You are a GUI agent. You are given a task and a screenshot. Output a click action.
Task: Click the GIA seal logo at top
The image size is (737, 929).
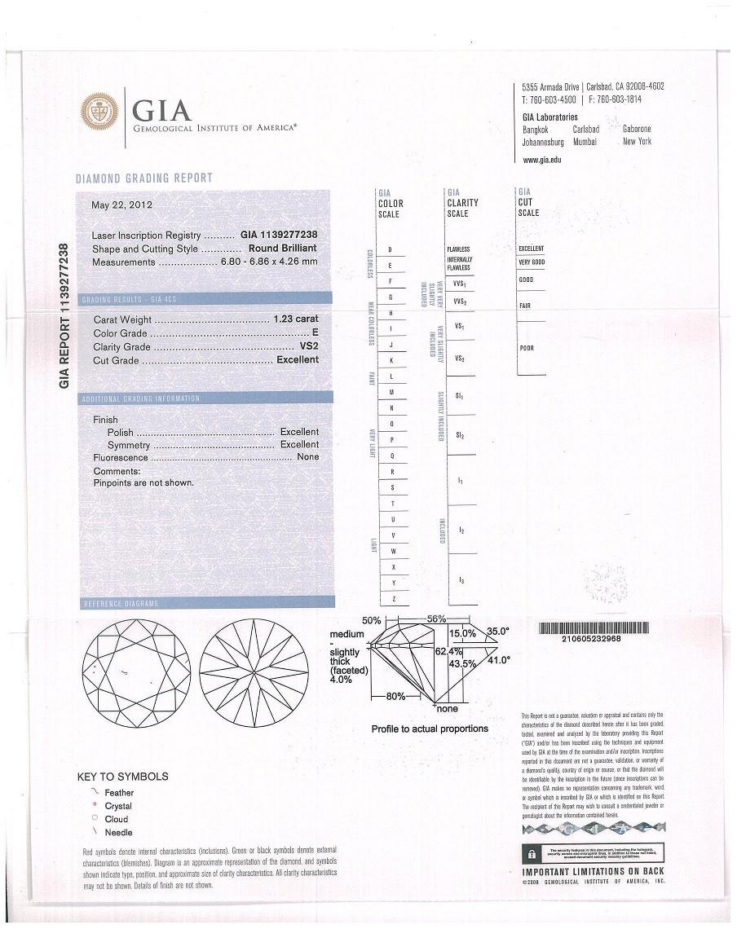[99, 113]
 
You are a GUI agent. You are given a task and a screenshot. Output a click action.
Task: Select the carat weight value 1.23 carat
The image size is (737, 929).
[296, 319]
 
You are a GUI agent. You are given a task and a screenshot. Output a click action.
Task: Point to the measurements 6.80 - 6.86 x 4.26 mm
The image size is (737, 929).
[268, 262]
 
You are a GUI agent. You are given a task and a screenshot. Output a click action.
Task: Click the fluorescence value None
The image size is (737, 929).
[308, 457]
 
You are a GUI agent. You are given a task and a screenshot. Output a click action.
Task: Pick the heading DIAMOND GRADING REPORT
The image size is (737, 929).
[144, 178]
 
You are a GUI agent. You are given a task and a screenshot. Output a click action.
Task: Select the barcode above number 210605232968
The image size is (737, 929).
[594, 627]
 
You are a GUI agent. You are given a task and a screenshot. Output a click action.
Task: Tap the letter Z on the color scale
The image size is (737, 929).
[394, 600]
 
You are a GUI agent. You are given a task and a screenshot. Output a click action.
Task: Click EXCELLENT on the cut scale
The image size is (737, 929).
[531, 249]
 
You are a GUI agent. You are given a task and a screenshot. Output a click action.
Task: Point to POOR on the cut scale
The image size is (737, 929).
[527, 349]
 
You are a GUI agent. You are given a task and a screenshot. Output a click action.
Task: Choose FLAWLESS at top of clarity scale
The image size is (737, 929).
[458, 249]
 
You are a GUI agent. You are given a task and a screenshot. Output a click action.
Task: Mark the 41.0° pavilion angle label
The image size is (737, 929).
[498, 661]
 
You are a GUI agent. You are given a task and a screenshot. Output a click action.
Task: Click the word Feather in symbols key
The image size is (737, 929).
[119, 793]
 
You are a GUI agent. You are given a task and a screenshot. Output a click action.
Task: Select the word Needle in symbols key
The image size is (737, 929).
[118, 832]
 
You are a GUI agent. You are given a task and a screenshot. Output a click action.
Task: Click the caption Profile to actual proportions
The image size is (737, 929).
[430, 729]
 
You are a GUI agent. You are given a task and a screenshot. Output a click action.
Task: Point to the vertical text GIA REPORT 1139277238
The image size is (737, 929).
[66, 315]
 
